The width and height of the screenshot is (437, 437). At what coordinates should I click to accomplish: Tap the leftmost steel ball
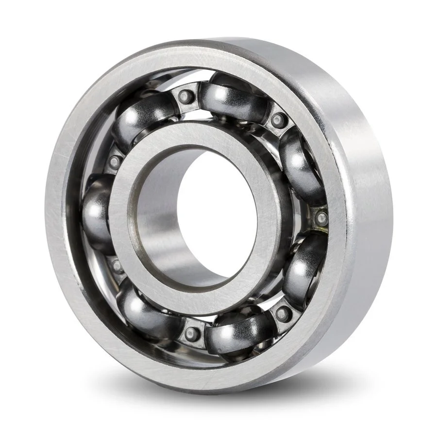[97, 214]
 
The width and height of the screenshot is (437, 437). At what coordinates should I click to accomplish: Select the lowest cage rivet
[192, 334]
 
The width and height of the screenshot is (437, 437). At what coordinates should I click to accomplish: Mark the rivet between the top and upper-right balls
[279, 119]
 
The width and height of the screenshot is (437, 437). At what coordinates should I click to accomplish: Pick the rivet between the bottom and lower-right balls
[284, 313]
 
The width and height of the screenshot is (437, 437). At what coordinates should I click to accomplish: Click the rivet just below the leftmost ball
[117, 266]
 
